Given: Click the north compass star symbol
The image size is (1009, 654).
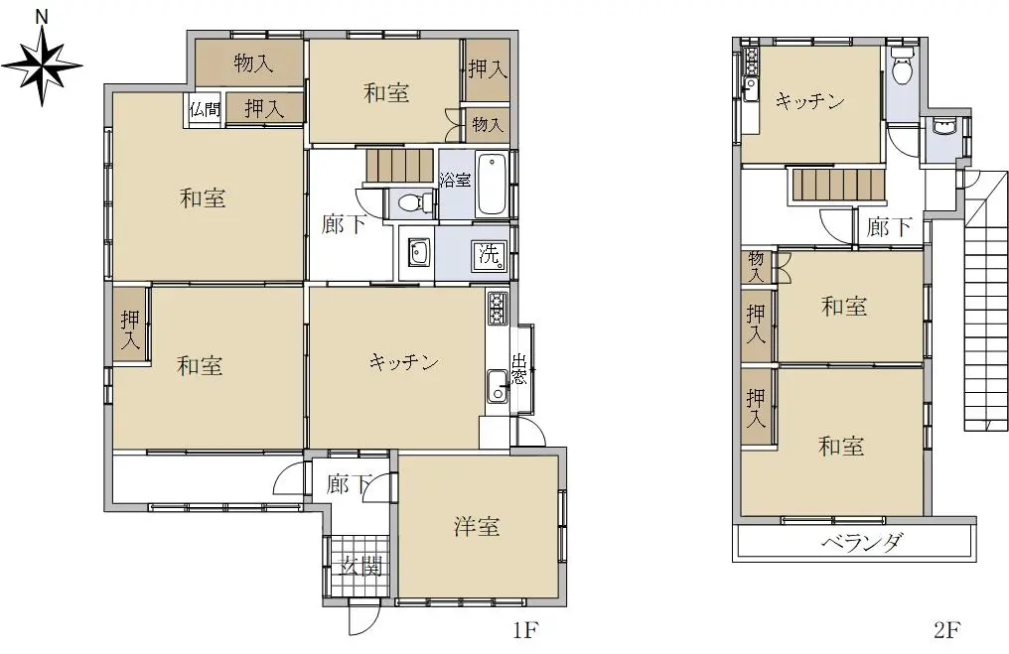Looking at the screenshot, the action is [x=42, y=65].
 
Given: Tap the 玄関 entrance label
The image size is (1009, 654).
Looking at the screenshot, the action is [x=361, y=567].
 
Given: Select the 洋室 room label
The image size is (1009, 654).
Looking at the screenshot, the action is [x=476, y=527].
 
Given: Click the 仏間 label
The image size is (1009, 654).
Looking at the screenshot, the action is [x=205, y=109].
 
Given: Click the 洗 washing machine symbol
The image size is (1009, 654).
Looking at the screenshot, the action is [x=490, y=255].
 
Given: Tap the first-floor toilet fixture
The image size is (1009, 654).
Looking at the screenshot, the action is [x=410, y=203].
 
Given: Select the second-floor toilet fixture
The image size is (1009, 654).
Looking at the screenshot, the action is [x=903, y=66].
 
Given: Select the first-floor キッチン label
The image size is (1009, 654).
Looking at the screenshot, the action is [x=403, y=362].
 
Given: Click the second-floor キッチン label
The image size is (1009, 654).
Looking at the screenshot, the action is [x=809, y=101].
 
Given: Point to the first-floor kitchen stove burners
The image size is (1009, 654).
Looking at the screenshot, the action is [x=498, y=309].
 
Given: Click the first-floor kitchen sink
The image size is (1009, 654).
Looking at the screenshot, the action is [x=497, y=386].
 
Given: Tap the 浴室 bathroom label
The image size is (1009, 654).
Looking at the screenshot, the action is [x=456, y=180].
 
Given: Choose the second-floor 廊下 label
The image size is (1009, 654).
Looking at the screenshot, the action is [x=889, y=226].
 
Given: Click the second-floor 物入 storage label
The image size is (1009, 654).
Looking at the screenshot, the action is [x=756, y=267].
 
